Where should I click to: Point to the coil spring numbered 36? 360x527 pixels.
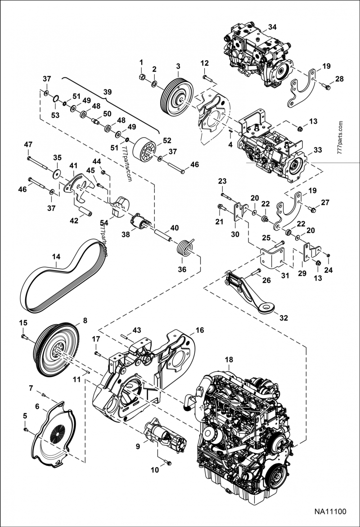tap(184, 247)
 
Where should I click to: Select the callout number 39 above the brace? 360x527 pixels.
tap(107, 91)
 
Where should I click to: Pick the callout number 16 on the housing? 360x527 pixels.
tap(199, 330)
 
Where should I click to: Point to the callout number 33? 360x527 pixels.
tap(318, 150)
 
